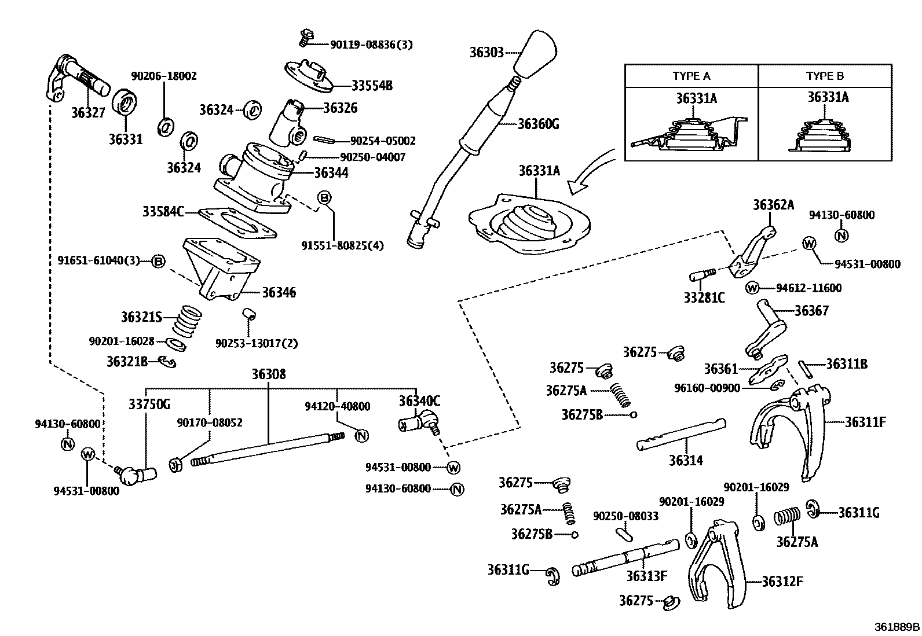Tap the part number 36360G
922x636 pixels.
pos(538,123)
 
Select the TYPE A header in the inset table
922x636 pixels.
pos(691,76)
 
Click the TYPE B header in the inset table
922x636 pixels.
pos(825,76)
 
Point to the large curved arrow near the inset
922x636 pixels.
pos(592,172)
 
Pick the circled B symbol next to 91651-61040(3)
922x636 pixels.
pos(158,261)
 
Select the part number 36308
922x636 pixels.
pos(268,374)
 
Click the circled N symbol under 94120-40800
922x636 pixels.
pos(362,436)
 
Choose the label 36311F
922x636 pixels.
pos(865,422)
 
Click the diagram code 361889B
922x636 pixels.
pos(897,627)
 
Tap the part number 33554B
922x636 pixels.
pos(372,86)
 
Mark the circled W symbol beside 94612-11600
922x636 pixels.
pos(752,288)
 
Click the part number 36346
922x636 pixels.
pos(279,293)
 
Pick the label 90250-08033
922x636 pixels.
pos(625,516)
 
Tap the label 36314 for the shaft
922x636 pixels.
pos(686,461)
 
